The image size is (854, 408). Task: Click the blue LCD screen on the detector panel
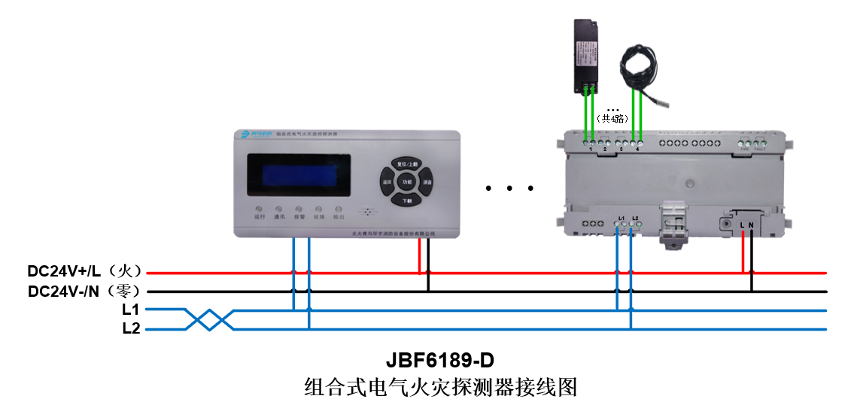pyautogui.click(x=294, y=174)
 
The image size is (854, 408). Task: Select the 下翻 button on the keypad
pyautogui.click(x=407, y=201)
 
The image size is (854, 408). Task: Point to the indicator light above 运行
pyautogui.click(x=259, y=208)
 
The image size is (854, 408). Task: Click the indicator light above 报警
pyautogui.click(x=299, y=208)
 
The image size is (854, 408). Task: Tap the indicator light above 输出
pyautogui.click(x=339, y=208)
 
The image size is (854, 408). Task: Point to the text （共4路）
pyautogui.click(x=612, y=119)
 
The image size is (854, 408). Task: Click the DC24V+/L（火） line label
pyautogui.click(x=81, y=271)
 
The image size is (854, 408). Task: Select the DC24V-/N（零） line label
pyautogui.click(x=81, y=291)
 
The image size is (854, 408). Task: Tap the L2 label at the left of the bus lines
pyautogui.click(x=131, y=328)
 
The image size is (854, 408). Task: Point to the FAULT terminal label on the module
pyautogui.click(x=760, y=150)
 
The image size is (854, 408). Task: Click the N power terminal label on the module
pyautogui.click(x=751, y=225)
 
